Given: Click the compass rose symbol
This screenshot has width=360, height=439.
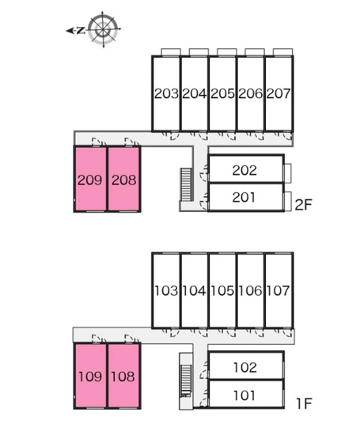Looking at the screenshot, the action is click(x=104, y=29).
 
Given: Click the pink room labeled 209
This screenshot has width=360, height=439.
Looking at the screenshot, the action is click(x=90, y=180).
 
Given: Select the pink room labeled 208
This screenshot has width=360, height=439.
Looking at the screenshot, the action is click(x=124, y=180).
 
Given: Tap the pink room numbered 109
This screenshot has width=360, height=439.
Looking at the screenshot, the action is click(x=90, y=376).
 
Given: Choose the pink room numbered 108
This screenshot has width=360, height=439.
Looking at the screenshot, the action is click(x=124, y=376).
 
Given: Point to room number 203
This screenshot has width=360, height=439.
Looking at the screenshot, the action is click(x=166, y=93).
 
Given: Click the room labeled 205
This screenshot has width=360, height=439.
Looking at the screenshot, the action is click(x=222, y=93).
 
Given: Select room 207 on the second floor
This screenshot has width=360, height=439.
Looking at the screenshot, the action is click(x=279, y=93).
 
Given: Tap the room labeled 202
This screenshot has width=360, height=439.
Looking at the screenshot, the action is click(x=246, y=168).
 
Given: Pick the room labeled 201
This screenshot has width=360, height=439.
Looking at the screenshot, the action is click(x=246, y=197).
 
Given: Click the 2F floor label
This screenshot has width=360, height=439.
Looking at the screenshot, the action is click(x=303, y=205).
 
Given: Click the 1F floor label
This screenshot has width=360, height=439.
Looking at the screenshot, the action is click(x=304, y=403).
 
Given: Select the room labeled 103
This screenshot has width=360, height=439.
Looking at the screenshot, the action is click(x=166, y=290).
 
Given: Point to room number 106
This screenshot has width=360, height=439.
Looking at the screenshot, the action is click(x=251, y=290).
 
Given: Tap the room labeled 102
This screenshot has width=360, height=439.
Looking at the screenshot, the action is click(x=246, y=365).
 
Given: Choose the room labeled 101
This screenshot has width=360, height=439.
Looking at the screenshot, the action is click(x=246, y=394).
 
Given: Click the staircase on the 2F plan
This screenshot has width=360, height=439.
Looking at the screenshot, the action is click(x=186, y=184).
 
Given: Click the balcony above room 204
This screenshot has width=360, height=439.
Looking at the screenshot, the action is click(x=199, y=52).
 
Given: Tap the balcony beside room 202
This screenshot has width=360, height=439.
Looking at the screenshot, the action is click(x=287, y=173).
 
